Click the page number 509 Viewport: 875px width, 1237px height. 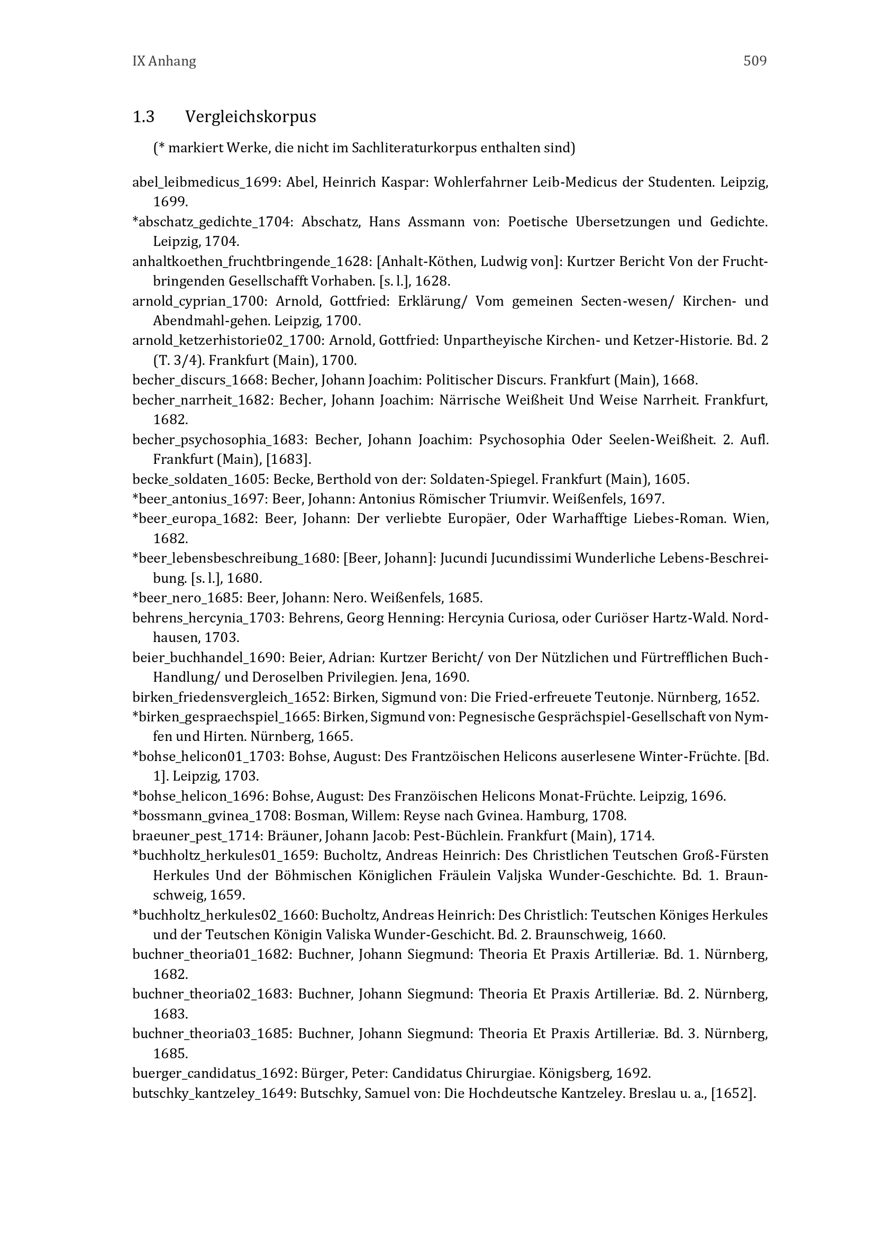coord(754,61)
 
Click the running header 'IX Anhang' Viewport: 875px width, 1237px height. coord(164,61)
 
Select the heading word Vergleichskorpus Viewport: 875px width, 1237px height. coord(251,116)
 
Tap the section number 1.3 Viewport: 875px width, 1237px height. coord(143,116)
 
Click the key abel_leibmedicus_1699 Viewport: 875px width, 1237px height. coord(205,182)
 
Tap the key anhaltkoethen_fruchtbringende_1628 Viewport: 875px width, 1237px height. coord(251,262)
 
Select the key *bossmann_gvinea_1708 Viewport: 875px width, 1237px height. coord(203,815)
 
